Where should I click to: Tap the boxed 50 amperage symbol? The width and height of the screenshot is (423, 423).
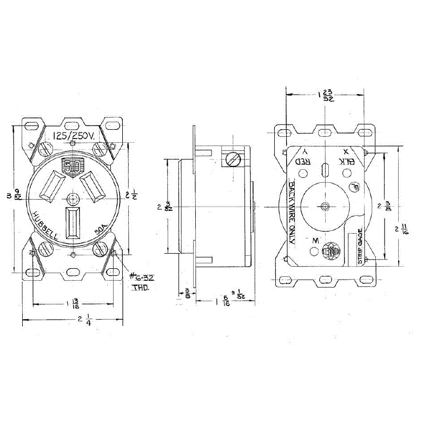pyautogui.click(x=71, y=166)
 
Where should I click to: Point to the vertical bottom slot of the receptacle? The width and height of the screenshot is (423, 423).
pyautogui.click(x=72, y=222)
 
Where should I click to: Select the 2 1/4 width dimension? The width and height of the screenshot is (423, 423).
pyautogui.click(x=83, y=321)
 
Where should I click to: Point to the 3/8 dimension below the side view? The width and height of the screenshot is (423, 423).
pyautogui.click(x=187, y=293)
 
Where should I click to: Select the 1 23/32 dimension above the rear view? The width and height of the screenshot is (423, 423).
pyautogui.click(x=324, y=95)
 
